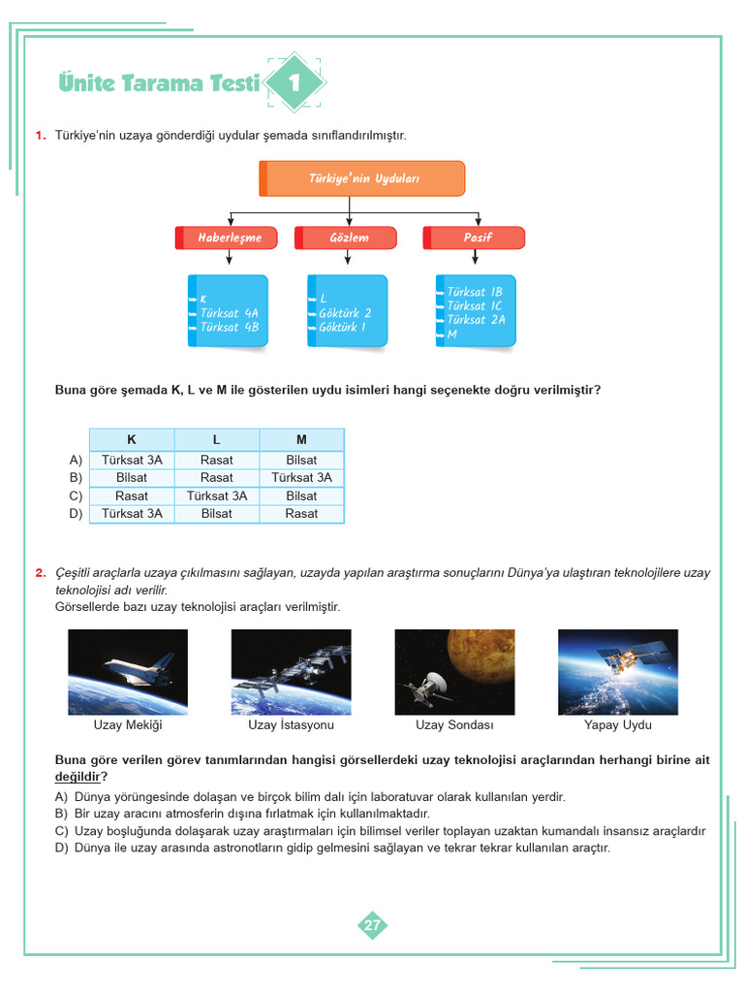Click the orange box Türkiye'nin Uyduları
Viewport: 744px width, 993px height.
(362, 178)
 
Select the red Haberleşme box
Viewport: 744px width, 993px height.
(230, 238)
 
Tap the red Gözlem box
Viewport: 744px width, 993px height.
(349, 238)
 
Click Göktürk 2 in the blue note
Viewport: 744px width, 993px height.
(345, 313)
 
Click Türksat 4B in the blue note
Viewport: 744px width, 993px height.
(229, 327)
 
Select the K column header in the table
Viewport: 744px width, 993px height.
(132, 439)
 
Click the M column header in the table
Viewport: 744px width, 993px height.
(301, 439)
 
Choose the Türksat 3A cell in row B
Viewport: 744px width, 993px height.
(301, 477)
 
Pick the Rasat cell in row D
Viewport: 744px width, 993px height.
(301, 513)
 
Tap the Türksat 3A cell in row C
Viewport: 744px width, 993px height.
(217, 496)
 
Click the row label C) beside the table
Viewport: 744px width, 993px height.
(76, 496)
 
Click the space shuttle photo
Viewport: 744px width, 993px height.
(128, 672)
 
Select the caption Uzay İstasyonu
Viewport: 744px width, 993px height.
(291, 725)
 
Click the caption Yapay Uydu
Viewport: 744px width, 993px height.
(618, 725)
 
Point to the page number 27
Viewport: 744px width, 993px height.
(372, 925)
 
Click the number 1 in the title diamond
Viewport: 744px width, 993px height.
(294, 83)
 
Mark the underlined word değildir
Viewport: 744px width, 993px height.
(78, 778)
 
